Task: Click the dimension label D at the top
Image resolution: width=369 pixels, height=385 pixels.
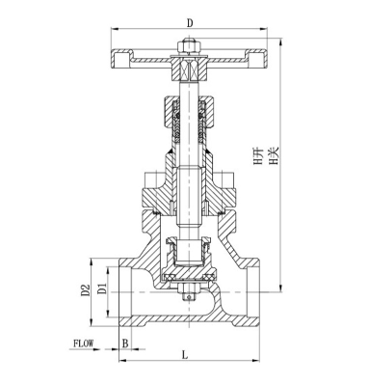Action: pyautogui.click(x=190, y=23)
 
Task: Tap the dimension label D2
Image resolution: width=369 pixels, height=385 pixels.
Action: pyautogui.click(x=85, y=289)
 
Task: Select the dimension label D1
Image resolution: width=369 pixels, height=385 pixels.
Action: pyautogui.click(x=101, y=289)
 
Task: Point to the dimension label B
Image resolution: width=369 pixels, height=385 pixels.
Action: pyautogui.click(x=125, y=344)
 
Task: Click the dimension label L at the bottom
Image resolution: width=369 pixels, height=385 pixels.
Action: pyautogui.click(x=184, y=355)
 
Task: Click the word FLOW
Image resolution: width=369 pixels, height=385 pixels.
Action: pyautogui.click(x=83, y=344)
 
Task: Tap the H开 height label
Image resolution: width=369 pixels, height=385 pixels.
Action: pyautogui.click(x=258, y=156)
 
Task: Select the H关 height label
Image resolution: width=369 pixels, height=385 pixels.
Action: pyautogui.click(x=274, y=156)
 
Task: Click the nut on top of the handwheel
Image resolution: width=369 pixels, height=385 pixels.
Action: pyautogui.click(x=189, y=46)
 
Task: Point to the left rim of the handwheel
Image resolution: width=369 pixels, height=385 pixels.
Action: pyautogui.click(x=120, y=59)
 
